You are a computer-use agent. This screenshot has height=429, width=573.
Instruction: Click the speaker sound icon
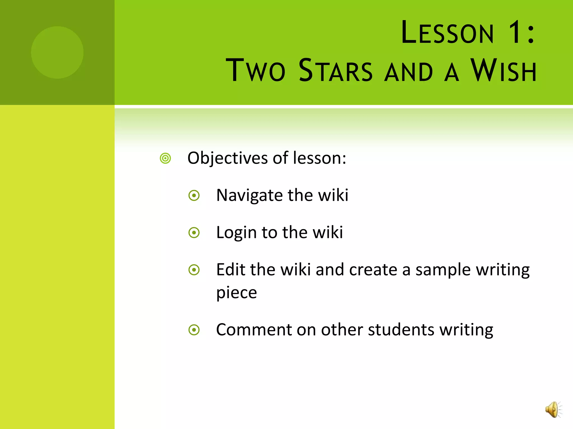click(x=553, y=409)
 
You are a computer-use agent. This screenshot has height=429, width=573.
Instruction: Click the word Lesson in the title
click(x=447, y=33)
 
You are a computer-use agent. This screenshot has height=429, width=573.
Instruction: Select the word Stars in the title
click(x=335, y=70)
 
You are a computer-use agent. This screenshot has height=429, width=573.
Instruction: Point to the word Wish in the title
click(x=503, y=70)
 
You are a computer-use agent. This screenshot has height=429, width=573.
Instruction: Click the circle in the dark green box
click(x=57, y=53)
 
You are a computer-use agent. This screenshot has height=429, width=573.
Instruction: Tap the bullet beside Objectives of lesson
click(x=165, y=158)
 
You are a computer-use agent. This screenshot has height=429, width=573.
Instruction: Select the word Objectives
click(x=228, y=158)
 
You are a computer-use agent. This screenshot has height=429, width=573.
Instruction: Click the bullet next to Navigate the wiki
click(x=194, y=196)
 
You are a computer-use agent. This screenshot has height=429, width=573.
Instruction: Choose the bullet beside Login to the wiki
click(x=194, y=233)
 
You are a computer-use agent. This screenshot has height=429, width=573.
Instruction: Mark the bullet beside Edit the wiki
click(x=194, y=270)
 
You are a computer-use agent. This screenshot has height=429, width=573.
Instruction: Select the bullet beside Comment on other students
click(x=194, y=330)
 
